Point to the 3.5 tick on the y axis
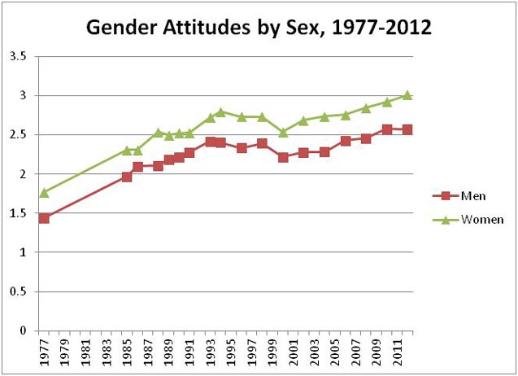click(x=17, y=56)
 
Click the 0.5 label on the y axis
click(x=17, y=291)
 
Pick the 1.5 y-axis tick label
click(x=17, y=213)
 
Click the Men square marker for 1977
click(x=44, y=218)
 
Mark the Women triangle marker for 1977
click(x=44, y=192)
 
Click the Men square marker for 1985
click(x=127, y=177)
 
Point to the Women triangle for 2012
click(x=407, y=95)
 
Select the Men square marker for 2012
click(x=407, y=129)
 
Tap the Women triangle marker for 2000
click(x=283, y=132)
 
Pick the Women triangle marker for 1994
click(x=220, y=111)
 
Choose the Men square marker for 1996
click(x=242, y=148)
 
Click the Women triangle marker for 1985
click(x=127, y=150)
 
